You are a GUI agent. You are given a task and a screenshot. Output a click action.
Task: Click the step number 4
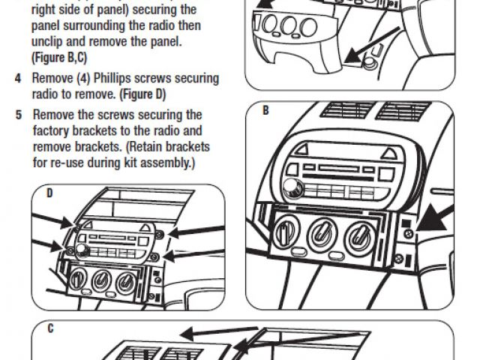18,79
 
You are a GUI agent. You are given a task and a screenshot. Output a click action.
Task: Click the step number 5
18,115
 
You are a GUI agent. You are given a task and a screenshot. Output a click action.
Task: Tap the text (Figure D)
140,95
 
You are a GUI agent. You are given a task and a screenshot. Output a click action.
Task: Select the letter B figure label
265,110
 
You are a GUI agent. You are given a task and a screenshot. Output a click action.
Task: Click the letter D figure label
49,193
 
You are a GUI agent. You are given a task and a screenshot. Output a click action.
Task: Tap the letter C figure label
49,329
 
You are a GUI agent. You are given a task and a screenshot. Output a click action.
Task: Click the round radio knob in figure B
291,188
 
